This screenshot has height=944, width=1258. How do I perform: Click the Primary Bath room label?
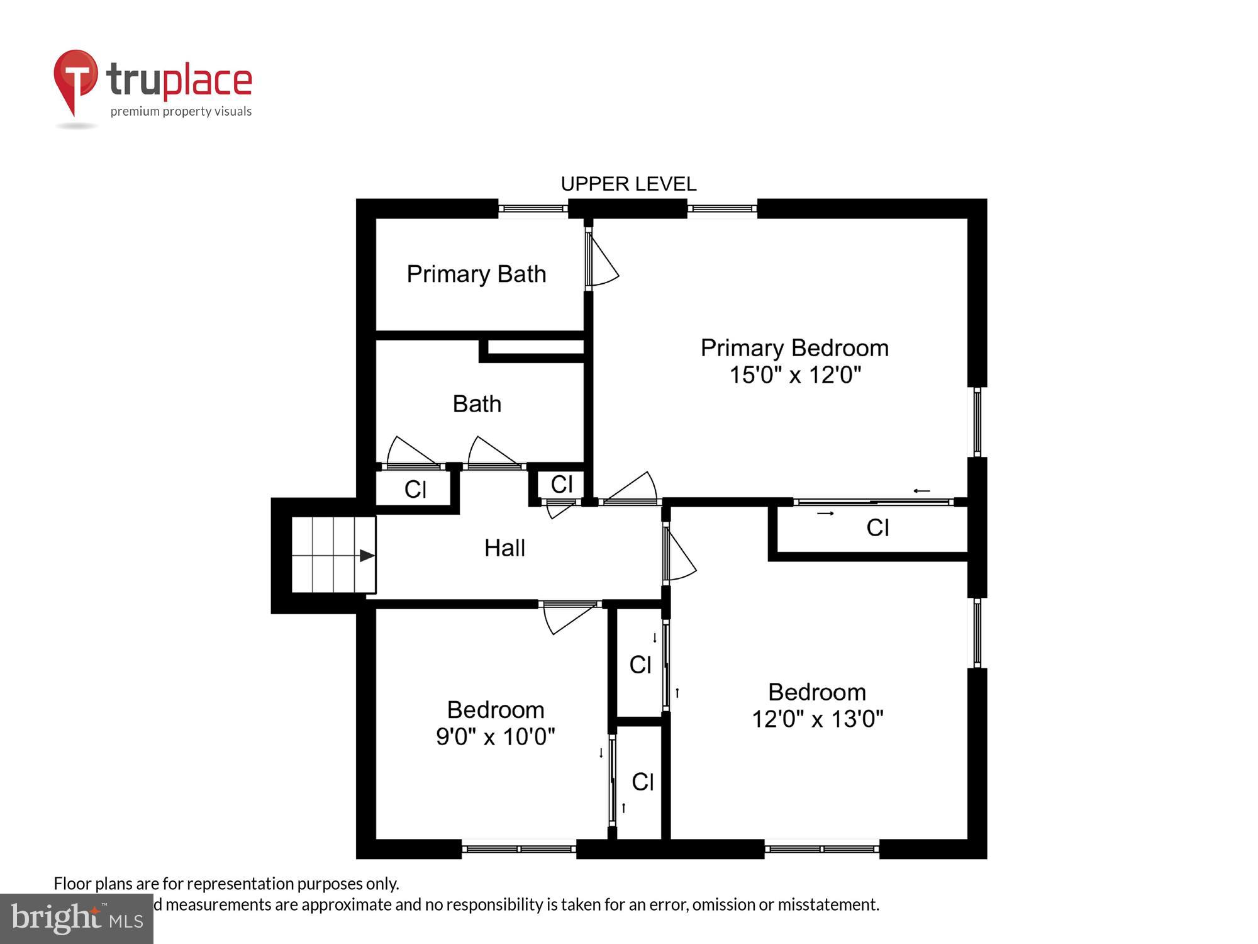click(x=476, y=274)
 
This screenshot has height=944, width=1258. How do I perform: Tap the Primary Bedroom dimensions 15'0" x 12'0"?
click(x=794, y=375)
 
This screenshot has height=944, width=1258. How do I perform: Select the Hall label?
click(x=504, y=548)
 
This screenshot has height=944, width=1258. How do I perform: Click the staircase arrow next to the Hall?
click(x=367, y=556)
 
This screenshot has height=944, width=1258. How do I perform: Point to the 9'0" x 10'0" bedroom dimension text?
click(x=495, y=736)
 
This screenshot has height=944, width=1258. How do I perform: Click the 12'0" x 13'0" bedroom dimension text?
click(x=817, y=719)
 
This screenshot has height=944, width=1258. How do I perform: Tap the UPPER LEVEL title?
click(x=628, y=184)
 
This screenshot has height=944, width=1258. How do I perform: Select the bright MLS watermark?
click(x=77, y=918)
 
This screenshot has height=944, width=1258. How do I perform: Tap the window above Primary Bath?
click(x=533, y=208)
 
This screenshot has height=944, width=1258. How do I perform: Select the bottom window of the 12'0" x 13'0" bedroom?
click(x=821, y=849)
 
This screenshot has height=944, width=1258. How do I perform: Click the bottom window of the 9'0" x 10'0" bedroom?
click(x=519, y=849)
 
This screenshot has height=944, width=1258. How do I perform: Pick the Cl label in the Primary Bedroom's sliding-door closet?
click(x=877, y=528)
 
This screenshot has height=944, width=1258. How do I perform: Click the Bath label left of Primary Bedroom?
click(x=477, y=404)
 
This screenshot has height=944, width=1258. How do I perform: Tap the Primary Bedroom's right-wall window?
click(x=977, y=422)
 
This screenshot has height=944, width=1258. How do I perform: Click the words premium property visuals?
click(x=181, y=111)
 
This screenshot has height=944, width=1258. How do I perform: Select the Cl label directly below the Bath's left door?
click(x=415, y=489)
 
